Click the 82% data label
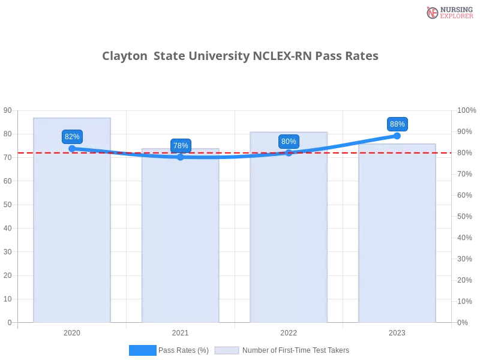(x=72, y=136)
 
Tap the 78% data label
(x=180, y=145)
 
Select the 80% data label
(x=289, y=142)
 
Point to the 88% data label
(x=397, y=124)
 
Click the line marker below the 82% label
(x=72, y=148)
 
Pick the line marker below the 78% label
(x=180, y=157)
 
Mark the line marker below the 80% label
(x=289, y=152)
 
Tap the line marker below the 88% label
(x=397, y=136)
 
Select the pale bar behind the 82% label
(x=72, y=240)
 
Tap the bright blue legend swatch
(x=142, y=350)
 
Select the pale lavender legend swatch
(x=226, y=350)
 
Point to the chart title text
(x=240, y=56)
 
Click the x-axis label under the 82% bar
(x=72, y=331)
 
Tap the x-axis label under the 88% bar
(x=397, y=331)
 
